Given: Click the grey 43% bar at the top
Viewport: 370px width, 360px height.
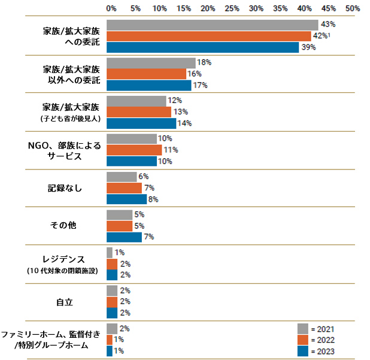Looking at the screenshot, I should (x=212, y=25).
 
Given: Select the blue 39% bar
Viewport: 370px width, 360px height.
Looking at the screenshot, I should (x=202, y=47).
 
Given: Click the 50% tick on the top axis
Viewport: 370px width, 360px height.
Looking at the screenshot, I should (x=353, y=8).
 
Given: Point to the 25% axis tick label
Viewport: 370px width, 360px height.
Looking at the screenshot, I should (x=232, y=8).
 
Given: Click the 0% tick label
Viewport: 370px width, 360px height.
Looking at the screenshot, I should (x=111, y=8).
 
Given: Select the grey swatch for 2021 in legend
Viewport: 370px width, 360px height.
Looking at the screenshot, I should (x=303, y=328).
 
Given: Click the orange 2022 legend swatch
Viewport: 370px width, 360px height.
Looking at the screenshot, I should (x=303, y=340).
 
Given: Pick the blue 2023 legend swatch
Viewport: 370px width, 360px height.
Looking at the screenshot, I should (x=303, y=351).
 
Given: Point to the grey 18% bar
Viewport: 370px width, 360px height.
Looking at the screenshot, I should (x=151, y=63).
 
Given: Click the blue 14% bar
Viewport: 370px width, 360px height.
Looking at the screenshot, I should (x=141, y=123).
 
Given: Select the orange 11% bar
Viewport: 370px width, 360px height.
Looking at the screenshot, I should (x=134, y=150).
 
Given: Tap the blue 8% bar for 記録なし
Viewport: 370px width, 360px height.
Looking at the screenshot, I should (x=126, y=199).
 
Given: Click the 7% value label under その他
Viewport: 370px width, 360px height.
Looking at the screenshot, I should (x=148, y=237).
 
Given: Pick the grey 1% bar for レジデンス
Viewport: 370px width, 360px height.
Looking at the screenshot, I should (x=110, y=253).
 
